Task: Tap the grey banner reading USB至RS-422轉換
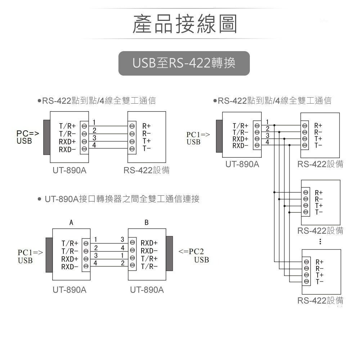[184, 63]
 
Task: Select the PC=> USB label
[27, 137]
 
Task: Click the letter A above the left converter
[71, 223]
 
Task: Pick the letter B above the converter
[147, 223]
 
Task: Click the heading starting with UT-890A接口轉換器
[122, 199]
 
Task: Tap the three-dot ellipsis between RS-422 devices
[320, 242]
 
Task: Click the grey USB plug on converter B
[170, 254]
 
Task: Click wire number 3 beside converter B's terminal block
[122, 239]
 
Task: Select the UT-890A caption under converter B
[147, 290]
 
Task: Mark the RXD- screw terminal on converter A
[86, 266]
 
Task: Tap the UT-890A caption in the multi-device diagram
[242, 164]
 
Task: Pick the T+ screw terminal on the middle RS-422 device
[306, 206]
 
